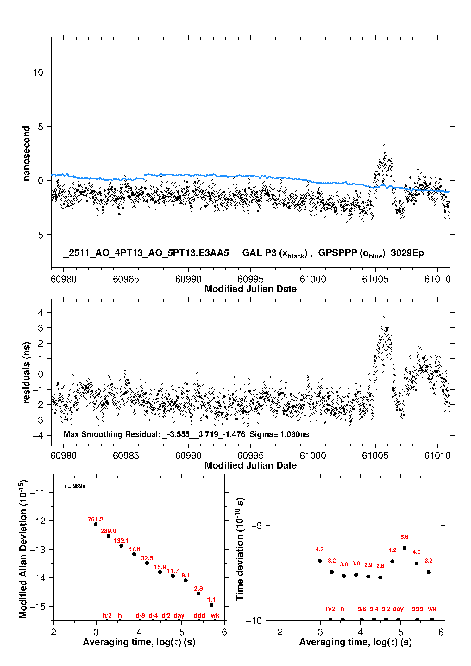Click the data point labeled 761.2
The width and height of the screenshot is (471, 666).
pos(96,524)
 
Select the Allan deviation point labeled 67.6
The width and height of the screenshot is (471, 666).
pos(134,554)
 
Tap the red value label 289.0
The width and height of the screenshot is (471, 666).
pos(109,531)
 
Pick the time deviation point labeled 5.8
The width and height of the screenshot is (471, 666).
pos(405,548)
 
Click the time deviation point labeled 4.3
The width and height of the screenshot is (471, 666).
pos(320,560)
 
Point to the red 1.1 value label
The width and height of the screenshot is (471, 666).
pos(211,600)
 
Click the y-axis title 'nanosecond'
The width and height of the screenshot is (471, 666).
pos(27,153)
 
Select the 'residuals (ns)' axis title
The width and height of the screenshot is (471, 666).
pos(27,372)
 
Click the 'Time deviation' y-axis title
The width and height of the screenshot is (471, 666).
pos(240,549)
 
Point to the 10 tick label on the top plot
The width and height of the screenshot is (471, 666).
pos(38,72)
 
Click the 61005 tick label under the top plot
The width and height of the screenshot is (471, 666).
pos(375,279)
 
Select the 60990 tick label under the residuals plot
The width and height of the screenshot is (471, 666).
pos(188,456)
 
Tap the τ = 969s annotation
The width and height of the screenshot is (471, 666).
pos(75,486)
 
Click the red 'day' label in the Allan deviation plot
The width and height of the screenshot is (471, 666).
pos(179,615)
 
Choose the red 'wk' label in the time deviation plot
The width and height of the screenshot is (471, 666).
pos(432,609)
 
